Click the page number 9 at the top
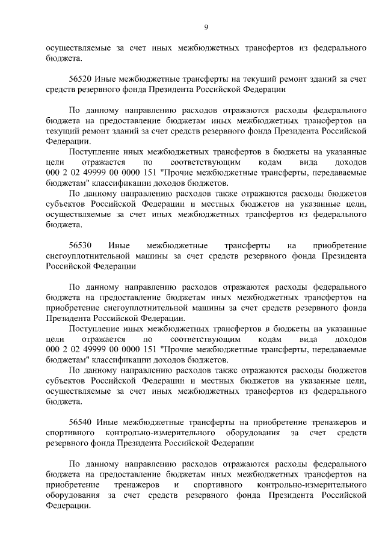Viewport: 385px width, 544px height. coord(206,27)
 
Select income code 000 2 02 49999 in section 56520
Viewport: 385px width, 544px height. coord(84,173)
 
